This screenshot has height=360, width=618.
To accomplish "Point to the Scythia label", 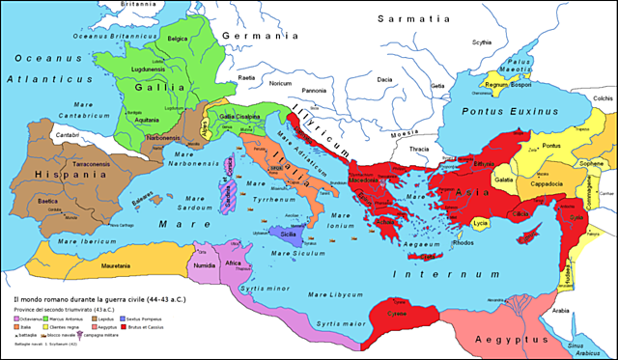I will (481, 42).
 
